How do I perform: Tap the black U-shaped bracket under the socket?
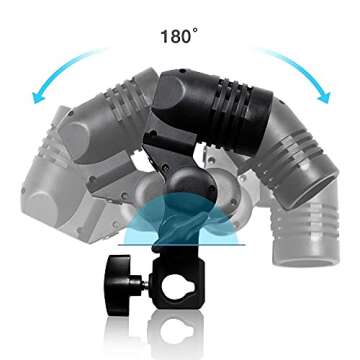click(x=165, y=160)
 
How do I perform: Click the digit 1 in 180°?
click(x=163, y=37)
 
